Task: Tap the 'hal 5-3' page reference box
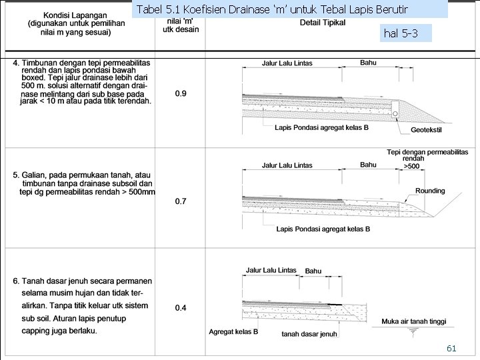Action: [x=401, y=33]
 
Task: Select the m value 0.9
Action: [x=181, y=93]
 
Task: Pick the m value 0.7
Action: [x=181, y=201]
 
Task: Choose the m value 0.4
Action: [x=181, y=308]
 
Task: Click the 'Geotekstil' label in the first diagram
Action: [x=429, y=130]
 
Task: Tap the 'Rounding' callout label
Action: [x=430, y=191]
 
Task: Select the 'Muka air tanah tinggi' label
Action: [x=413, y=321]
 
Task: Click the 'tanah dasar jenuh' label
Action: [x=309, y=334]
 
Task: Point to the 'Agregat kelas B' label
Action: [x=233, y=331]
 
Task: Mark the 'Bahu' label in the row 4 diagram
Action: [x=368, y=62]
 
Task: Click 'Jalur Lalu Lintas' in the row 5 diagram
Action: [x=287, y=165]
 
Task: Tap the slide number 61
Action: [x=451, y=348]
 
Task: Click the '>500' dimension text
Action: [x=411, y=167]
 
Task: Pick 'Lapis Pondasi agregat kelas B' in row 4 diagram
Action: [x=321, y=127]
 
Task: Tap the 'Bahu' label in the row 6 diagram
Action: [x=313, y=271]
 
